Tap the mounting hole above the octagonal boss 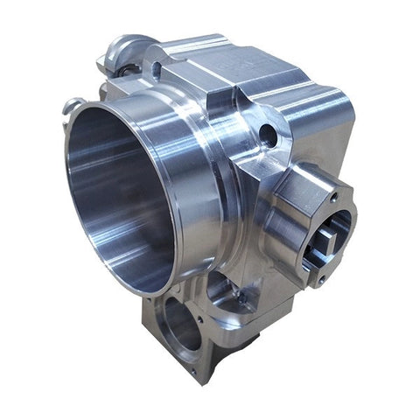pyautogui.click(x=268, y=136)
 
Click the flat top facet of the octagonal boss pyautogui.click(x=302, y=175)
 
